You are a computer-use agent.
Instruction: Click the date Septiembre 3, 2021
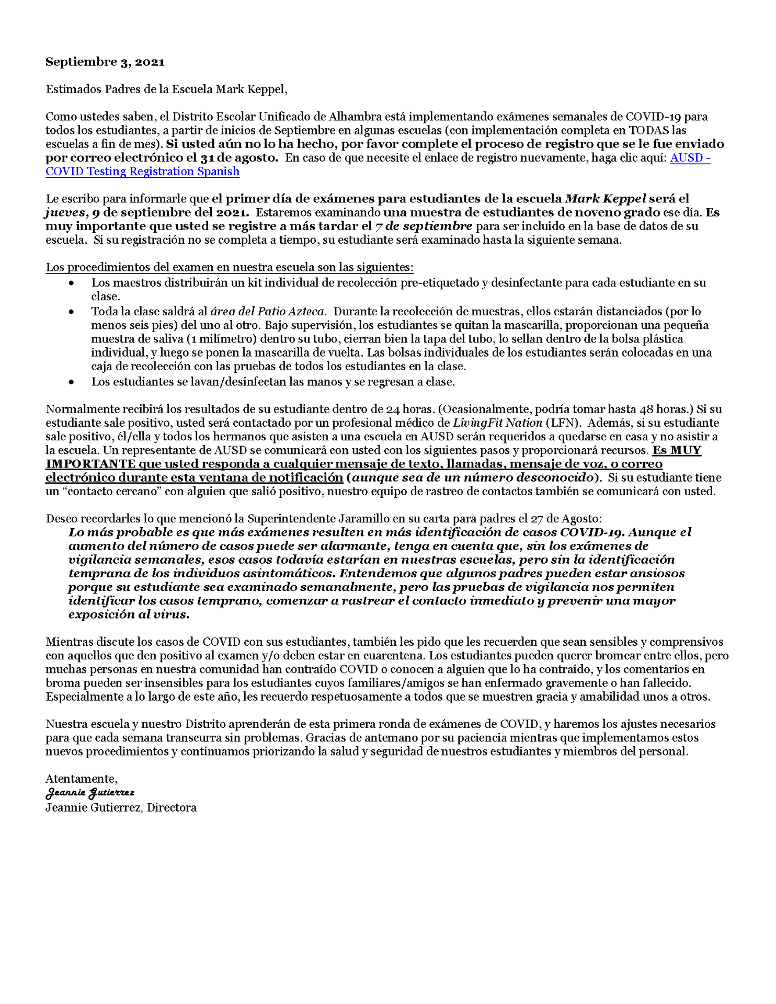(105, 62)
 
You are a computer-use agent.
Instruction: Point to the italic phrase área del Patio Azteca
(267, 312)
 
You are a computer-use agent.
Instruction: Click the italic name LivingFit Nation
(497, 423)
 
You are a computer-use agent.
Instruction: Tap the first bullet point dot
(72, 283)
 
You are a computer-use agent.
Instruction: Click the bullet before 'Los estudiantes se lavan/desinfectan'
(72, 382)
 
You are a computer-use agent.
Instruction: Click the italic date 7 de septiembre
(424, 226)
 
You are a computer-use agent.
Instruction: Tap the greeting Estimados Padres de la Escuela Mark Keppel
(166, 89)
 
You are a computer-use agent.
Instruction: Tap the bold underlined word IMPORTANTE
(90, 464)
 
